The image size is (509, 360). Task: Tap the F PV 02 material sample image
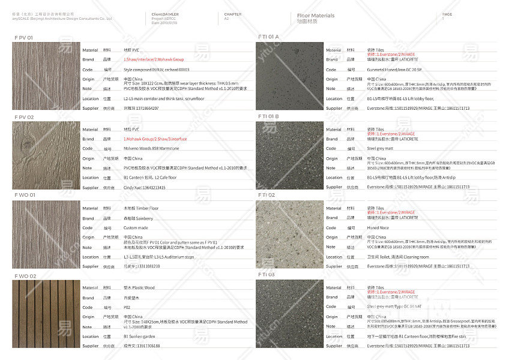click(x=46, y=155)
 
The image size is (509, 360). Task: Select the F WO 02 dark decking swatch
click(x=46, y=313)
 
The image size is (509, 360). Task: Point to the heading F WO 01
click(x=25, y=195)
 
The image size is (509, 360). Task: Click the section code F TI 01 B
click(x=268, y=116)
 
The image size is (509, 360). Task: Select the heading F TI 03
click(x=267, y=274)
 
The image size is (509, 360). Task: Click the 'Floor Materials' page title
click(x=316, y=16)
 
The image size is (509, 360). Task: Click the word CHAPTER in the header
click(x=233, y=14)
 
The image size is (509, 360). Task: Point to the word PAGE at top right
click(x=447, y=14)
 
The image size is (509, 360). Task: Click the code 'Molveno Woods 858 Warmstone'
click(x=151, y=148)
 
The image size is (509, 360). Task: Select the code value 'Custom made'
click(x=136, y=228)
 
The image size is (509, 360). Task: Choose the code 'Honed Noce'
click(x=378, y=228)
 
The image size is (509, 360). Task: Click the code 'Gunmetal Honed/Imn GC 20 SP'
click(x=394, y=70)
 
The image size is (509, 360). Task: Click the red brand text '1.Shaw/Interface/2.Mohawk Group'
click(x=154, y=60)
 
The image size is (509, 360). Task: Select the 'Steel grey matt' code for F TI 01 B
click(x=380, y=148)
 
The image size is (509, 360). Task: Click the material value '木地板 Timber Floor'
click(x=141, y=208)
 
